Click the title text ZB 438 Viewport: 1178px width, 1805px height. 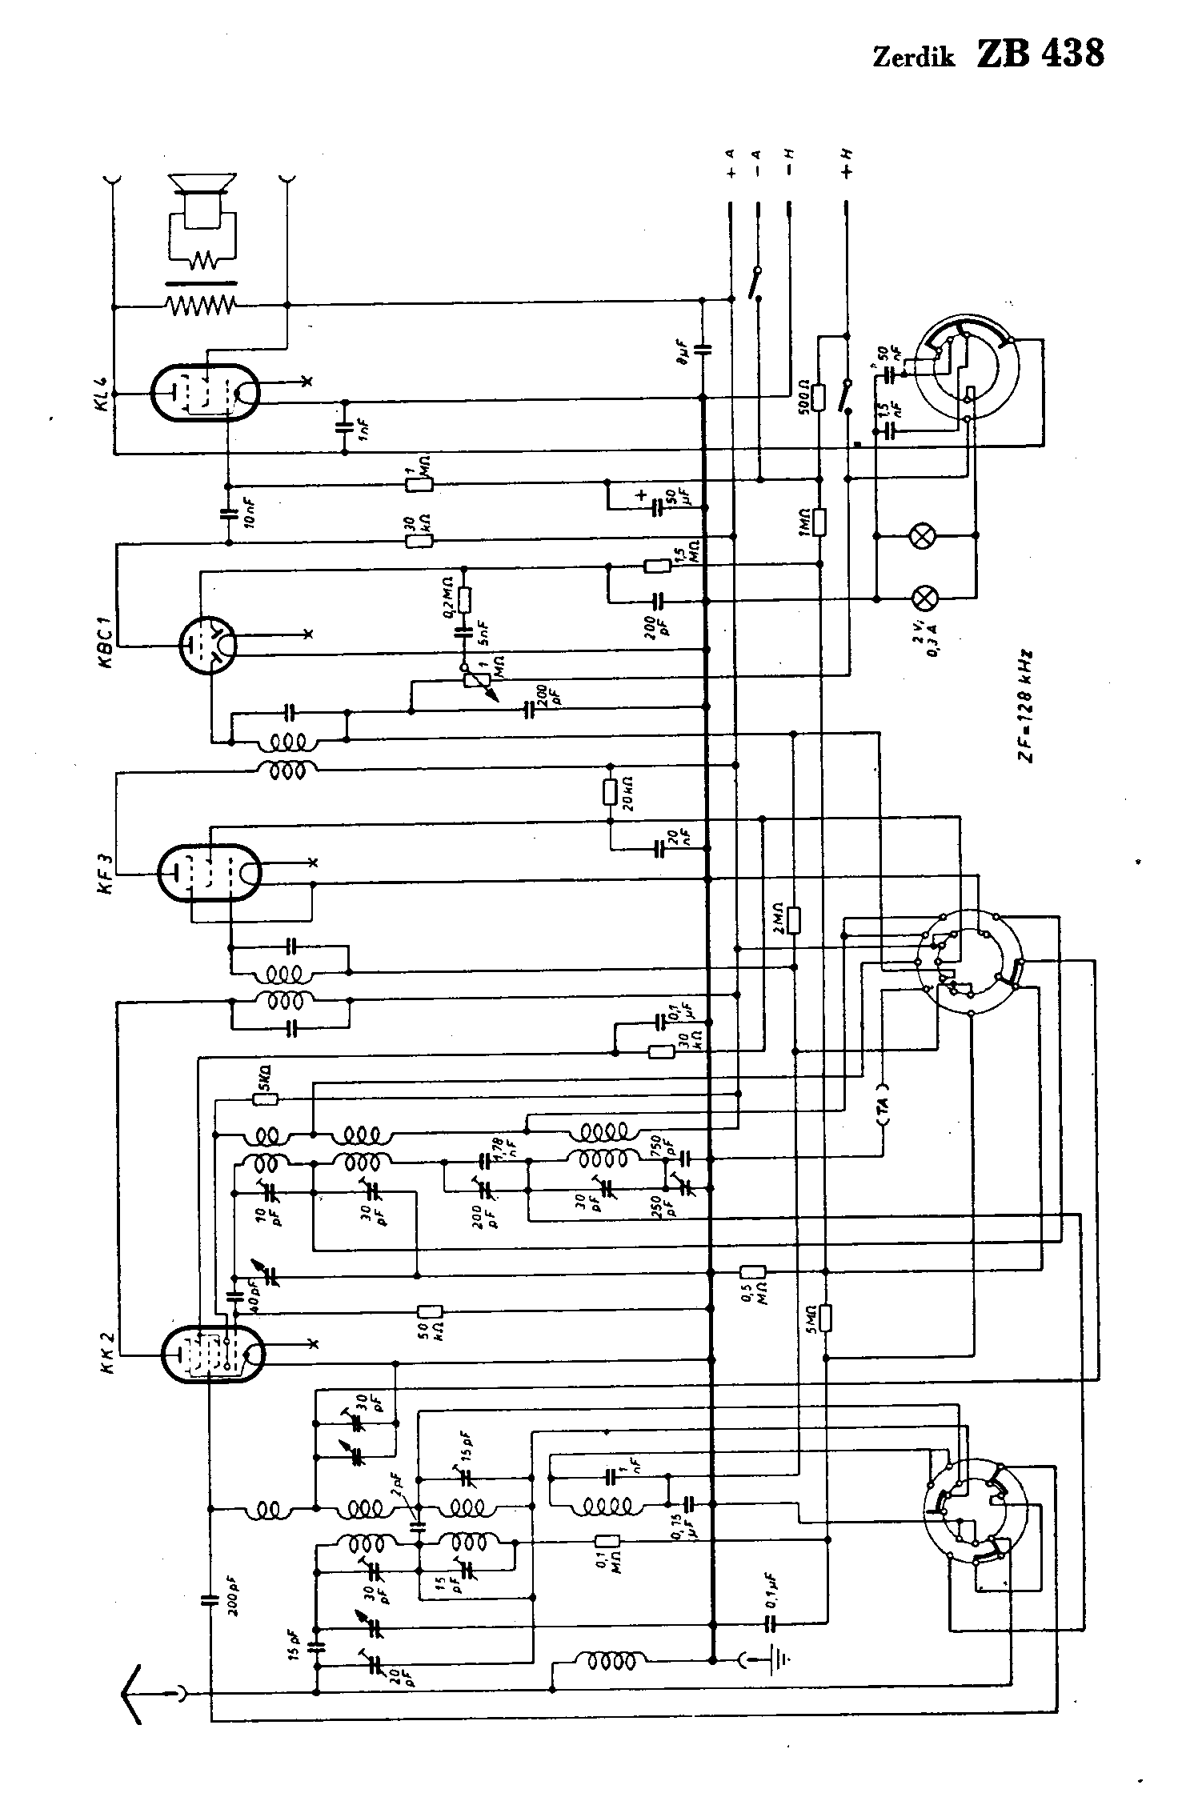(1040, 54)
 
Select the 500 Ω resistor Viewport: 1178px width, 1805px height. (818, 397)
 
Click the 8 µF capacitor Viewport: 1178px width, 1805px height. (703, 349)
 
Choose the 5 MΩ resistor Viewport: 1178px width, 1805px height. (827, 1316)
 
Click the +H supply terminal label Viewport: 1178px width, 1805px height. (847, 163)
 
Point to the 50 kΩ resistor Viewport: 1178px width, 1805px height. (430, 1311)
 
